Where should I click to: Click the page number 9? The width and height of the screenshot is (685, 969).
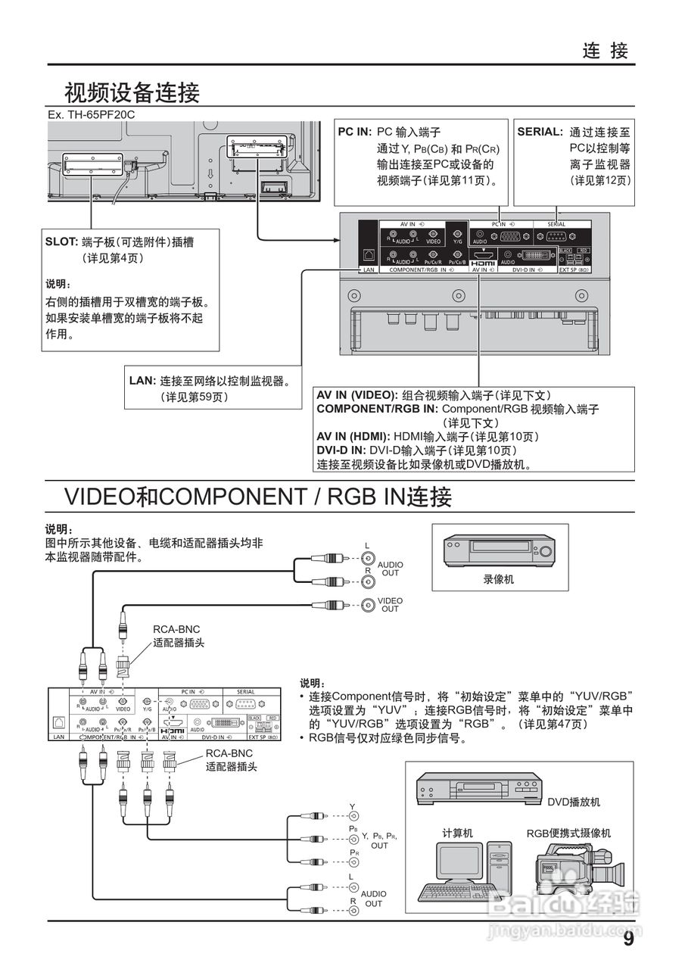pos(628,939)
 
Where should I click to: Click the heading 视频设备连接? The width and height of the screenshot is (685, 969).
pos(132,93)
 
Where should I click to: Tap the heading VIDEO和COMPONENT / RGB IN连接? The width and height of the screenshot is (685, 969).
pos(258,497)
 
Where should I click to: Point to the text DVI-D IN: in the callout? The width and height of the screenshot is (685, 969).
pos(342,450)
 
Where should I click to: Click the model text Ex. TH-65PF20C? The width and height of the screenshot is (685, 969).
pos(91,114)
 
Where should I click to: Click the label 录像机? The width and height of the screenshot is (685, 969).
pos(499,579)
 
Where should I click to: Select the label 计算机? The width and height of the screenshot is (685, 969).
pos(457,833)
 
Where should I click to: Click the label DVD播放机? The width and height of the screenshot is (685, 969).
pos(574,802)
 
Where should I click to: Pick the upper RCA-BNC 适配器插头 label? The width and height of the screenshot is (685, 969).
pos(179,636)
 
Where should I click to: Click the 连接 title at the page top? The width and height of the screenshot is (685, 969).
pos(606,51)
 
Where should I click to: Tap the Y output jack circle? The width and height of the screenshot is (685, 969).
pos(353,816)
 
